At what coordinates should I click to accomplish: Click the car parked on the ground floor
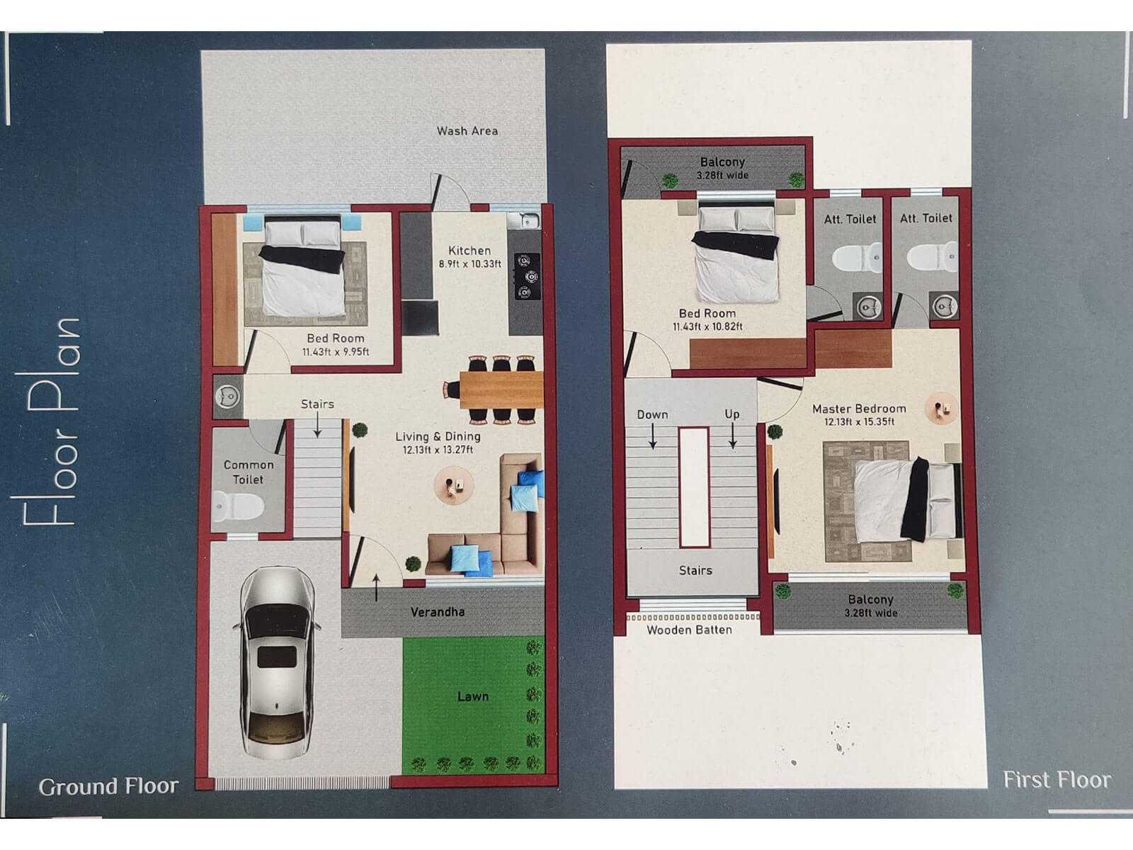click(x=277, y=662)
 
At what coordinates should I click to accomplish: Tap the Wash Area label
click(x=467, y=131)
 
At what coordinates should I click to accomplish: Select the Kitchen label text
click(x=469, y=251)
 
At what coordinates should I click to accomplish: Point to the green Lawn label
click(x=472, y=697)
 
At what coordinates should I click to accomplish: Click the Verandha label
click(x=438, y=612)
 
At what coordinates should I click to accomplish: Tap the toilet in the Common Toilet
click(x=239, y=506)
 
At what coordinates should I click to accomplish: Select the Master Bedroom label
click(x=859, y=409)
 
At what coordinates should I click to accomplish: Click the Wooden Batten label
click(x=689, y=630)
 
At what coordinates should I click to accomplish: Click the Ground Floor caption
click(x=108, y=787)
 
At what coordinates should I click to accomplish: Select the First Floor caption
click(x=1057, y=780)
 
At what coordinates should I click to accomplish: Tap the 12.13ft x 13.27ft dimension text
click(x=438, y=450)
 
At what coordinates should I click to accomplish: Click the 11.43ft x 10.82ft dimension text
click(x=707, y=327)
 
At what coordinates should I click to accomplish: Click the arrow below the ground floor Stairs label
click(x=317, y=425)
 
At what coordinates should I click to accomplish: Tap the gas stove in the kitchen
click(x=525, y=276)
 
